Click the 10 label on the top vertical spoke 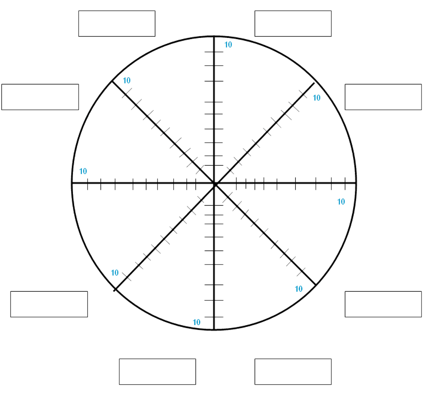228,45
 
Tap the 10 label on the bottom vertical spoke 197,322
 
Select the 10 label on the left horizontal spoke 83,171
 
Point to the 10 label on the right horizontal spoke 341,201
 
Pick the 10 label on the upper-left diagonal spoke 127,81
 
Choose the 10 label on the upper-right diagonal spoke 317,98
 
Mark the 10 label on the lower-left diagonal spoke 115,273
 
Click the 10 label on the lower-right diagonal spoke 299,289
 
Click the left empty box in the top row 117,24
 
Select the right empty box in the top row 293,24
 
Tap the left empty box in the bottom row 157,372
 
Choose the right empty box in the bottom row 293,372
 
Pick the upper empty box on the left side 40,97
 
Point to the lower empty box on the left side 49,304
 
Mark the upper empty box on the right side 383,97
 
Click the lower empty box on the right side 383,304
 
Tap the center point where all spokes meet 214,184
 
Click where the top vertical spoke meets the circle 214,37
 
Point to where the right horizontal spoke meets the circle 357,184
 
